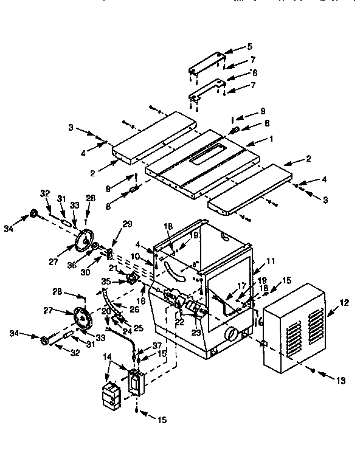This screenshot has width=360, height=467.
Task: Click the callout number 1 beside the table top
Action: [271, 139]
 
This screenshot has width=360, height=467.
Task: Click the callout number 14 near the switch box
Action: [108, 358]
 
